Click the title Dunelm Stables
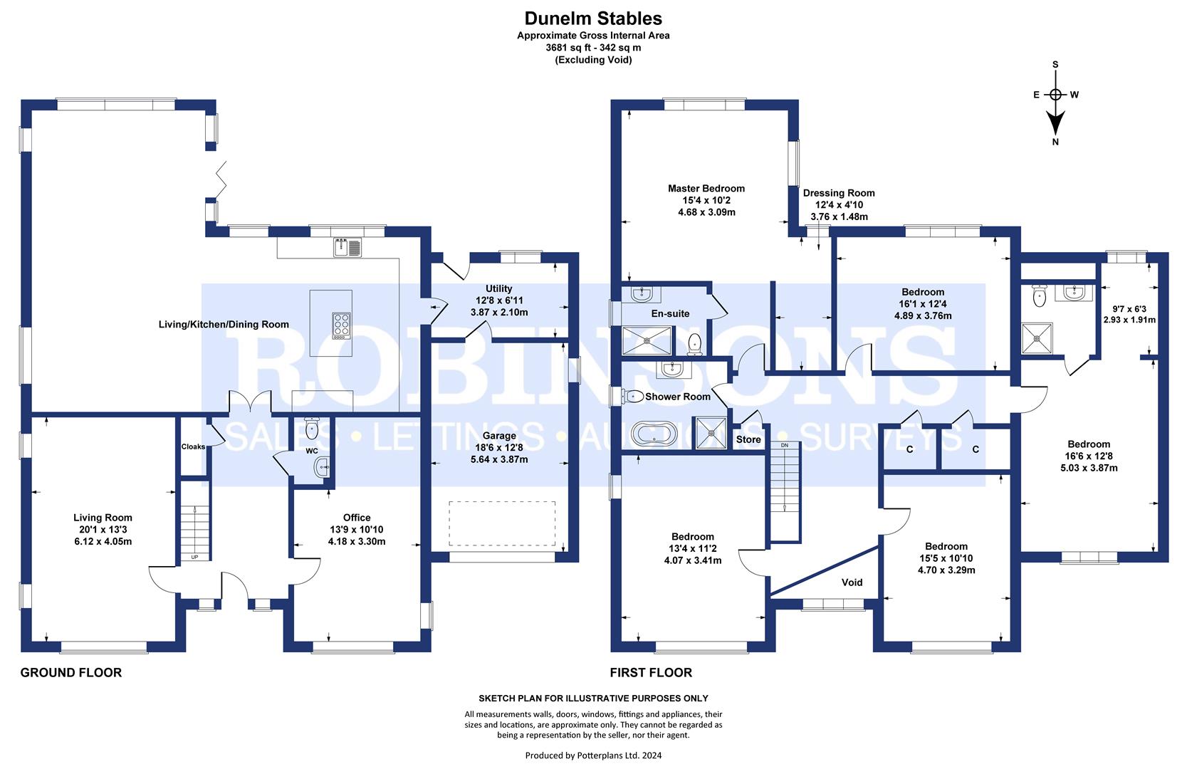pyautogui.click(x=593, y=19)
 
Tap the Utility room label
pyautogui.click(x=498, y=288)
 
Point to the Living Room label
pyautogui.click(x=103, y=518)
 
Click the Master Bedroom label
pyautogui.click(x=706, y=189)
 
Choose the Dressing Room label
pyautogui.click(x=839, y=193)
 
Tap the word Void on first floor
pyautogui.click(x=852, y=582)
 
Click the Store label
pyautogui.click(x=748, y=440)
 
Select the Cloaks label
pyautogui.click(x=193, y=447)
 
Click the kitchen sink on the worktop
pyautogui.click(x=346, y=247)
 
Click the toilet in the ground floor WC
pyautogui.click(x=311, y=429)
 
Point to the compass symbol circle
pyautogui.click(x=1055, y=95)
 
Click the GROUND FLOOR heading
pyautogui.click(x=71, y=672)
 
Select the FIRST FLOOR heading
pyautogui.click(x=651, y=672)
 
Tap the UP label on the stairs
pyautogui.click(x=194, y=556)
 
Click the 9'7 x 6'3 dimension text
pyautogui.click(x=1129, y=309)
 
